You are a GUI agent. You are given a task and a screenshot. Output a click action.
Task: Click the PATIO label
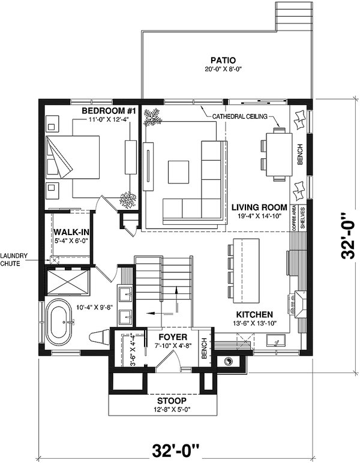[223, 60]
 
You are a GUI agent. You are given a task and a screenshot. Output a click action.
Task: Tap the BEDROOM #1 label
[109, 111]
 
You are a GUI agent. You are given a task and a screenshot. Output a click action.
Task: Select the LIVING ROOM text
[259, 208]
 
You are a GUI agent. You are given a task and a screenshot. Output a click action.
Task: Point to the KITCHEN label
[254, 314]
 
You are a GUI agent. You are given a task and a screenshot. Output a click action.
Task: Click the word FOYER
[173, 337]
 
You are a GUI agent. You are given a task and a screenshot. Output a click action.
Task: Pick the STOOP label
[172, 401]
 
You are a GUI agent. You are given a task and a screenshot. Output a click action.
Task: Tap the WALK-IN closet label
[71, 232]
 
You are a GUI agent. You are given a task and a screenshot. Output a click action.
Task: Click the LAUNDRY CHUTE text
[14, 260]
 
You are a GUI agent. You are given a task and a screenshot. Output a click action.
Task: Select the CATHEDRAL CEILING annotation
[239, 116]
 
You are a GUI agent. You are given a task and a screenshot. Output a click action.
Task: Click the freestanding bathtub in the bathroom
[58, 323]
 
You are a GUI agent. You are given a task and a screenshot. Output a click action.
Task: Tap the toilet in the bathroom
[99, 337]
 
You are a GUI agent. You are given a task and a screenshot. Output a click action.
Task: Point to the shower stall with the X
[68, 282]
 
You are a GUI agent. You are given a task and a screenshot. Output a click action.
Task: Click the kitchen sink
[275, 340]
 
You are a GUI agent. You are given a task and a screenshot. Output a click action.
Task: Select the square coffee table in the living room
[178, 172]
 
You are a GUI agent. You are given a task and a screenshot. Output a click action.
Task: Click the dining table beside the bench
[279, 154]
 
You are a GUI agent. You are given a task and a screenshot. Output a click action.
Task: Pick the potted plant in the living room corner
[152, 117]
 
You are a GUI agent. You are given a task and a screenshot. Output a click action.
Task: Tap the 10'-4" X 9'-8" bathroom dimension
[95, 307]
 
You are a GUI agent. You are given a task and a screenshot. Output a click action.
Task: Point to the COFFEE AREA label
[294, 218]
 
